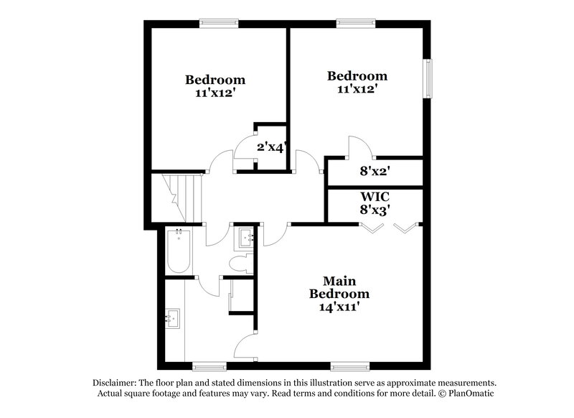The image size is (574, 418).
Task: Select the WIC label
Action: coord(375,196)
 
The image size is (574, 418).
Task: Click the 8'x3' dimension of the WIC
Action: coord(375,210)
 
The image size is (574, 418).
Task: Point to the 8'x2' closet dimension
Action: coord(375,172)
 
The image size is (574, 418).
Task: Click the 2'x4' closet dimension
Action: coord(272,148)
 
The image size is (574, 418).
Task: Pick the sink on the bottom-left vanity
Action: coord(172,318)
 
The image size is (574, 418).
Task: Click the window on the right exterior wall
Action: coord(429,78)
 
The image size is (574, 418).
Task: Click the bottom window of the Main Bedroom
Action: coord(349,366)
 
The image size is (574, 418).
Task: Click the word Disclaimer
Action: coord(116,383)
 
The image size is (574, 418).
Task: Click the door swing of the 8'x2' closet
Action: coord(359,147)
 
